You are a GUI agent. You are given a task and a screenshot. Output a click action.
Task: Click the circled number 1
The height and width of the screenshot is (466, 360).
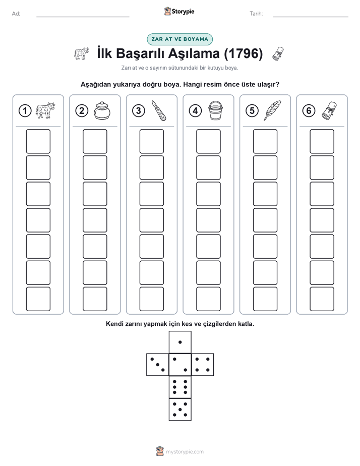point(25,111)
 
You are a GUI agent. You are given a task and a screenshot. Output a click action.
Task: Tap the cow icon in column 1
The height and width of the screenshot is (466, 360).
point(45,110)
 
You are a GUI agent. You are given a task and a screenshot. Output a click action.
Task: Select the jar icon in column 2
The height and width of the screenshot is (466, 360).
point(102,110)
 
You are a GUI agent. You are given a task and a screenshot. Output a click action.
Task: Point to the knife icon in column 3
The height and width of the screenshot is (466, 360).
point(159,110)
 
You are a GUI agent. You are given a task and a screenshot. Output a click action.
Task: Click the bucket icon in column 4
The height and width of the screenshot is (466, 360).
point(215,110)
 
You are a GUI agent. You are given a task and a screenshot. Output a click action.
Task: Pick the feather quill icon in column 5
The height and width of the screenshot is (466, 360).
point(272,110)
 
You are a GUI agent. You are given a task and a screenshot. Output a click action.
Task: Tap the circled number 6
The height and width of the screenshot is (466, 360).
point(309,111)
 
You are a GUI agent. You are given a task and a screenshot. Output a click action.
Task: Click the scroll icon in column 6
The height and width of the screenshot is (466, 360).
point(329,110)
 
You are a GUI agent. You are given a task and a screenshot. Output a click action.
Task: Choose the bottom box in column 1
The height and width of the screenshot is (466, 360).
point(38,299)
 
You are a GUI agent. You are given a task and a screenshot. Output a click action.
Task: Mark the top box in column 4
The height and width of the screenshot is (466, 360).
point(209,141)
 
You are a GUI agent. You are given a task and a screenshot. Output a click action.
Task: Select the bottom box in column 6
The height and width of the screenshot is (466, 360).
point(322,299)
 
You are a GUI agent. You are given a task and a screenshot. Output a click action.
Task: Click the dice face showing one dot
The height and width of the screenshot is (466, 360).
point(180,342)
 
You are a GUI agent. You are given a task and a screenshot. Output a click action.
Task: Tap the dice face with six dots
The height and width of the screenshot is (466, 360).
point(180,387)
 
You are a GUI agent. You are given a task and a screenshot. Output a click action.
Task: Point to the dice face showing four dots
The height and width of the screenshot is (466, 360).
point(203,365)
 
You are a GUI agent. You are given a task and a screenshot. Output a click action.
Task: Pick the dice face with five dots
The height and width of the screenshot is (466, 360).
point(180,409)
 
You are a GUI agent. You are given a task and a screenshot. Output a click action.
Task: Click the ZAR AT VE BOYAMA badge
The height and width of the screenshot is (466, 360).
point(179,39)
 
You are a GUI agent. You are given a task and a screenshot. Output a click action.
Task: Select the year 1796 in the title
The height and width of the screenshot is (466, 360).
point(243,53)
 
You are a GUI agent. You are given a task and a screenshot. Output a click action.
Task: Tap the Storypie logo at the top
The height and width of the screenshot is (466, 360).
point(179,12)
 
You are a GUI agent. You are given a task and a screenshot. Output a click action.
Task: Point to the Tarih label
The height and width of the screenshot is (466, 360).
point(256,14)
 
